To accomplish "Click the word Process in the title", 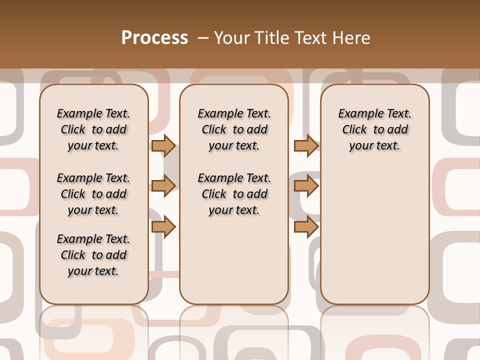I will (154, 38).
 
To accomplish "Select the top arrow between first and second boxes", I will (163, 145).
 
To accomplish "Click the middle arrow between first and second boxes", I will (163, 186).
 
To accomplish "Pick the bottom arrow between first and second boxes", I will (163, 226).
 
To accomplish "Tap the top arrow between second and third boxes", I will (306, 145).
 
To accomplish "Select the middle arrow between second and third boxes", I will (306, 186).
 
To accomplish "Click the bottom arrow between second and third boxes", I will (306, 226).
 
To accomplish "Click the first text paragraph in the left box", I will (93, 129).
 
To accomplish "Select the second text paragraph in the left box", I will (93, 194).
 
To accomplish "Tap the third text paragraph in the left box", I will (93, 255).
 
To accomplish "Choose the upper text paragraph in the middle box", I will (234, 129).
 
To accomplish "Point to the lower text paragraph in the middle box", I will (234, 194).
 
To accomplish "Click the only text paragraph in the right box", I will (375, 129).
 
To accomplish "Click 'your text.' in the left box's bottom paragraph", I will (93, 271).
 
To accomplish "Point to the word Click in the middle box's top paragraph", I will (214, 130).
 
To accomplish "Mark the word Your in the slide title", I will (232, 38).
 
